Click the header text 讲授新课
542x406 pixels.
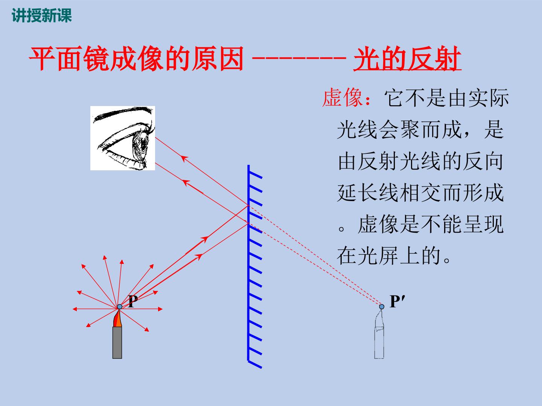[42, 15]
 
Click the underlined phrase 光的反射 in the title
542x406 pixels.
[407, 59]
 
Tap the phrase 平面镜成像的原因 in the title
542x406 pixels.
[137, 59]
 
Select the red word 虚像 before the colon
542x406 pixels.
[342, 98]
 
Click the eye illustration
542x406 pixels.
[123, 138]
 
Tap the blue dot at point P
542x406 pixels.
[120, 307]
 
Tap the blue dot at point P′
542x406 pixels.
[382, 307]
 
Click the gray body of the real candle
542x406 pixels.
[117, 342]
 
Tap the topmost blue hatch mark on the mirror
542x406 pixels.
[255, 175]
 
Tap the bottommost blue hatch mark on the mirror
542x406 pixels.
[255, 365]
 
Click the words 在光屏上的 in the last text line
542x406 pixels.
[389, 256]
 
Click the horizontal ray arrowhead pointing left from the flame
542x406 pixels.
[75, 309]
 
